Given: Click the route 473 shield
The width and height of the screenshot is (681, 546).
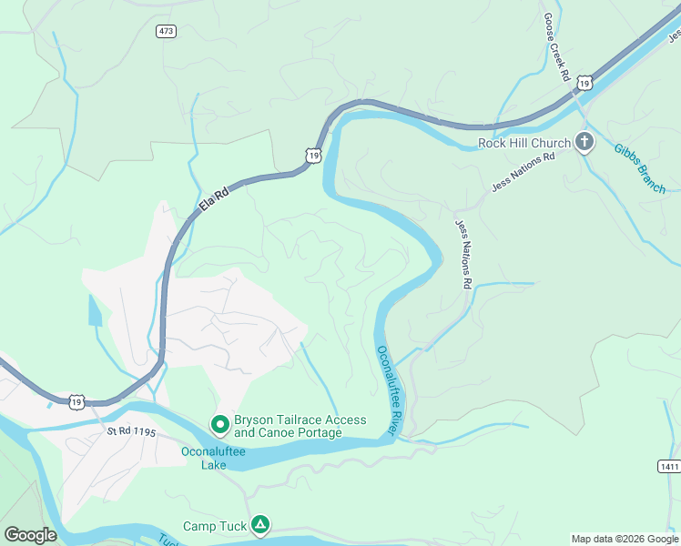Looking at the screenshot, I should point(166,31).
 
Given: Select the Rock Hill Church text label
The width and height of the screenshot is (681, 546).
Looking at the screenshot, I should point(524,143).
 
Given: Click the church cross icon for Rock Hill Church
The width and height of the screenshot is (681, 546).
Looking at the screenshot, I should point(584,142).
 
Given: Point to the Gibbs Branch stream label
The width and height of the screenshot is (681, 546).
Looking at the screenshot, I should point(639,167).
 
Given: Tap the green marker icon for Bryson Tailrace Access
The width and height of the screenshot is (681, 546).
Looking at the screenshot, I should point(219,424).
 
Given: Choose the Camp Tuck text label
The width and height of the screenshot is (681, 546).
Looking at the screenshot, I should point(214,526).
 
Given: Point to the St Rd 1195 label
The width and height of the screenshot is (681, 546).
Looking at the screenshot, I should point(131,434).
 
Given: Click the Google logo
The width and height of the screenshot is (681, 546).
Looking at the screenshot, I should point(30,535).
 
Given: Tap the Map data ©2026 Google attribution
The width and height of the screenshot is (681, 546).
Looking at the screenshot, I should point(625,539).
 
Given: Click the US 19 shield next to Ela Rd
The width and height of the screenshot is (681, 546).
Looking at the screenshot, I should point(313,156).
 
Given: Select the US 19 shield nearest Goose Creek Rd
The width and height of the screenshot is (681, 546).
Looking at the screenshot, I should point(584,83).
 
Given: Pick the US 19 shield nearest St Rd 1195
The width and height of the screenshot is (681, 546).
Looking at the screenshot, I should point(76,400).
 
